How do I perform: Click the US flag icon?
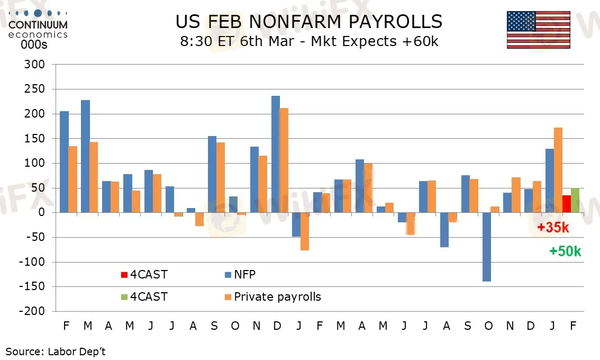click(538, 30)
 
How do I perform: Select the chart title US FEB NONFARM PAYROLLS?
click(308, 21)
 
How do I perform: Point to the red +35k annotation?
click(553, 228)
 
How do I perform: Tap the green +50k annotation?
click(565, 251)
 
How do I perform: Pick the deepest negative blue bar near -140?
click(487, 247)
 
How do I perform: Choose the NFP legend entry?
click(244, 274)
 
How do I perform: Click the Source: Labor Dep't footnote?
click(56, 351)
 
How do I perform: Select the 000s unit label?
click(34, 44)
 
